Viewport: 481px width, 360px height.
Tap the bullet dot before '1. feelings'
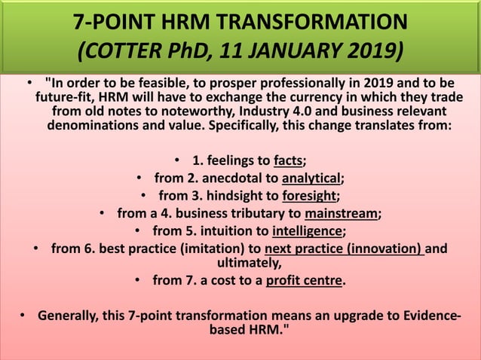click(176, 160)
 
